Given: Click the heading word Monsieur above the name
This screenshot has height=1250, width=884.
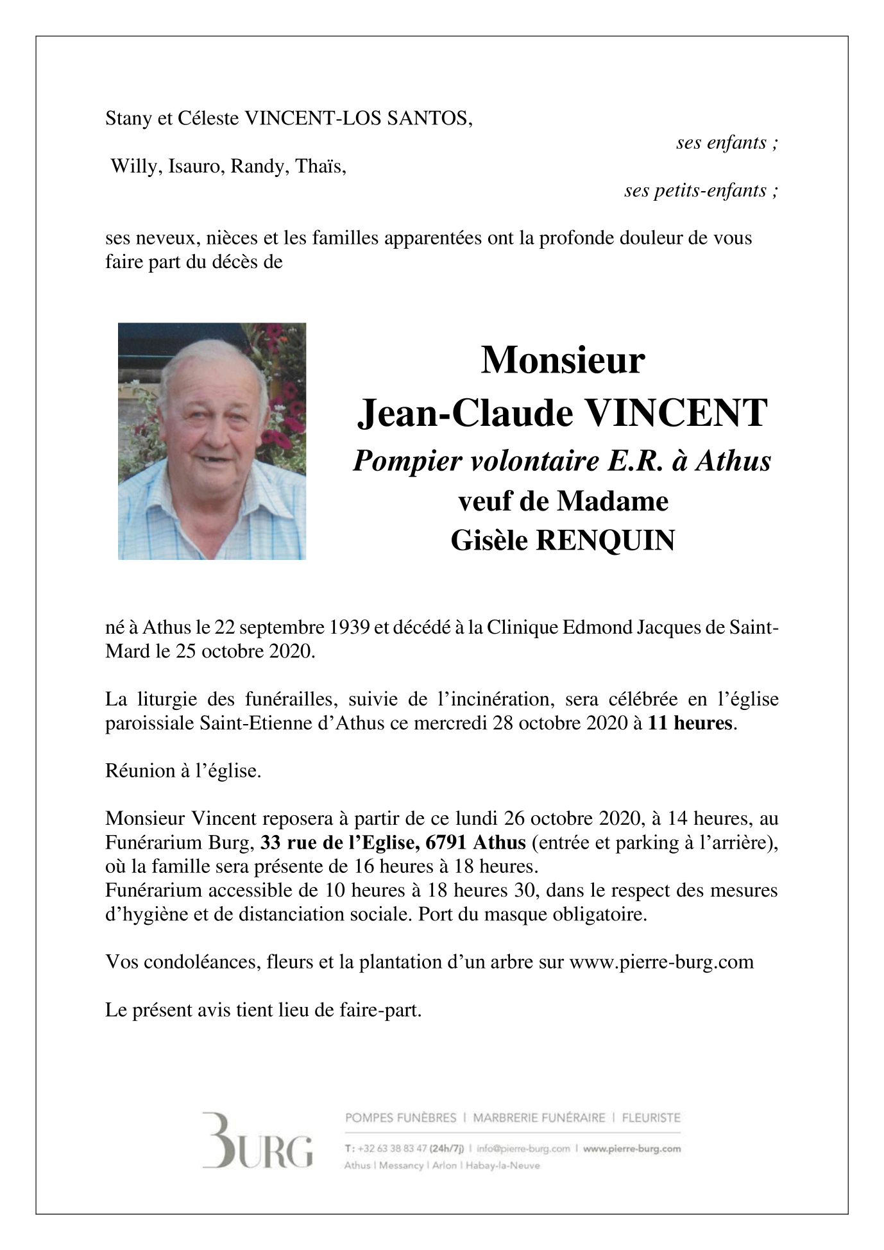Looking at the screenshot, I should (x=563, y=360).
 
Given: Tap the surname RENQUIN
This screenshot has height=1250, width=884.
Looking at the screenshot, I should (x=605, y=541).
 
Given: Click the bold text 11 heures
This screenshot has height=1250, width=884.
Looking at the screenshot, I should (x=690, y=723).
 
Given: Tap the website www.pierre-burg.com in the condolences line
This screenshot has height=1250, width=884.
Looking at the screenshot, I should (x=661, y=963).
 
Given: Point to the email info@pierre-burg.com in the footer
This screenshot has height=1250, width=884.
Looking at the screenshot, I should (x=523, y=1149).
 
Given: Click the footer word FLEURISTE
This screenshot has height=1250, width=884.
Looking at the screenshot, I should (x=651, y=1118).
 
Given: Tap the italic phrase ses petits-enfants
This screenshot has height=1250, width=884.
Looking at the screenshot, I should (x=701, y=190).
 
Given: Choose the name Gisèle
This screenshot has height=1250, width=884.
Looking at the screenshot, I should (x=489, y=541).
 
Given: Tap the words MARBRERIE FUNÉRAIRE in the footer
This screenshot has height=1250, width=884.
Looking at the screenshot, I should (x=539, y=1118).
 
